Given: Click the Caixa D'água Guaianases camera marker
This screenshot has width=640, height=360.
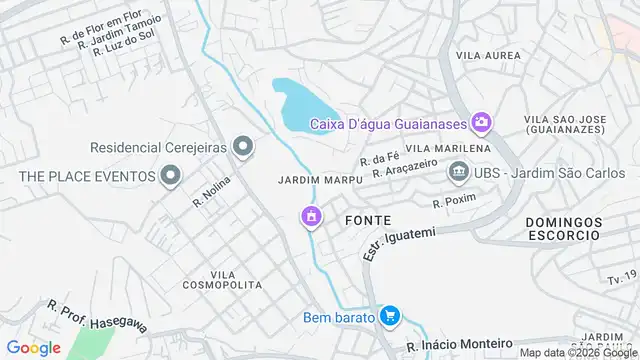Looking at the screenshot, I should (x=482, y=123).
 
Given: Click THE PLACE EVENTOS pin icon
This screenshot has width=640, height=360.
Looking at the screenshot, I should (x=170, y=177).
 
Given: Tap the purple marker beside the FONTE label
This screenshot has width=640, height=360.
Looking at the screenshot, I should (x=312, y=216).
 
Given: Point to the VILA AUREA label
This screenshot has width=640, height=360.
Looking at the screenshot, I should (x=489, y=55).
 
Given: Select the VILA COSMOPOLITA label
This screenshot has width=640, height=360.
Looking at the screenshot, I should (x=237, y=279).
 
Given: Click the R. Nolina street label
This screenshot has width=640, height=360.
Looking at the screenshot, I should (x=211, y=191).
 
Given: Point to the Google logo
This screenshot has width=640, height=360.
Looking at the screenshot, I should (x=34, y=347).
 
